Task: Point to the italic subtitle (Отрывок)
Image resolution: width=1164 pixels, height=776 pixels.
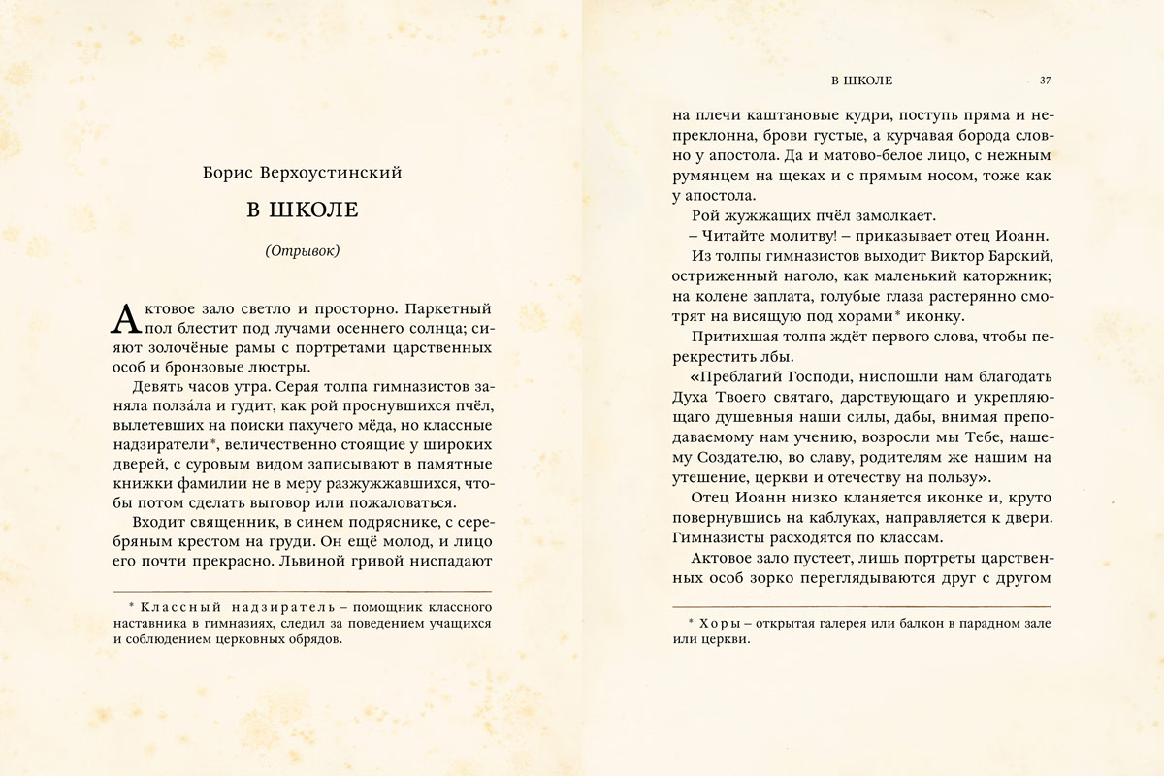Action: coord(302,251)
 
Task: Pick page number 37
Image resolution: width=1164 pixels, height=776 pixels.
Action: coord(1045,80)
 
